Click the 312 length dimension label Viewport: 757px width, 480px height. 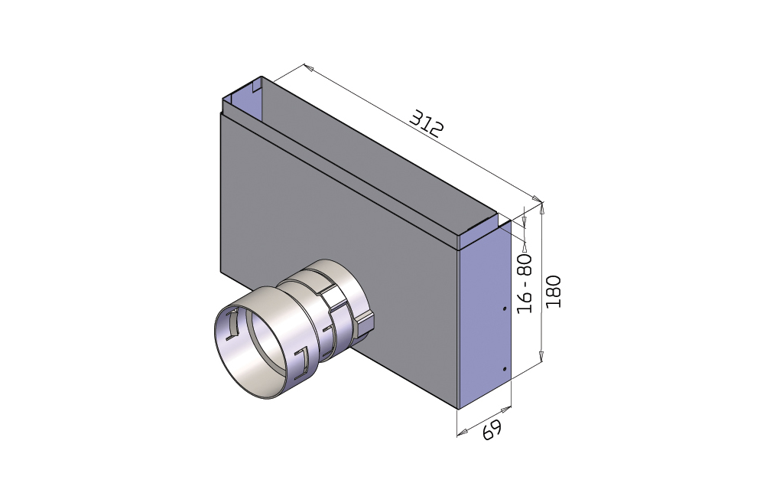(x=426, y=123)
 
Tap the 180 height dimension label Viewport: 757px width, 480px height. (x=554, y=292)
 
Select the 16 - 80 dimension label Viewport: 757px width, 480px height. (x=525, y=283)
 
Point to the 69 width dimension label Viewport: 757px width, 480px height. (x=492, y=429)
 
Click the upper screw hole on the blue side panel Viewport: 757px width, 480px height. (x=505, y=309)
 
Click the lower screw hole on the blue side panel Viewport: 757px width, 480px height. (x=505, y=369)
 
